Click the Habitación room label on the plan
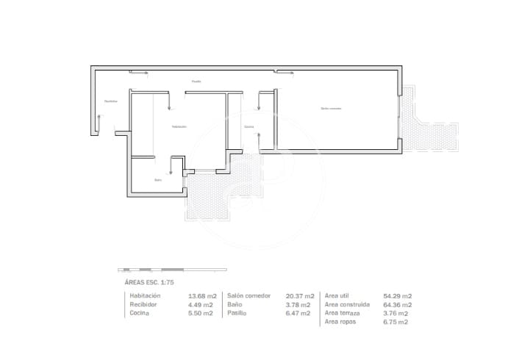pyautogui.click(x=179, y=126)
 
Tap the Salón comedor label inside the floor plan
pyautogui.click(x=331, y=108)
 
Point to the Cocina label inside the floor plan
pyautogui.click(x=249, y=126)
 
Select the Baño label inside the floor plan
pyautogui.click(x=157, y=180)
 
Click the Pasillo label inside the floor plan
pyautogui.click(x=196, y=81)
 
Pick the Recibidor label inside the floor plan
pyautogui.click(x=110, y=101)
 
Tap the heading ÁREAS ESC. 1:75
pyautogui.click(x=149, y=281)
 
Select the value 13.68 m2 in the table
pyautogui.click(x=201, y=295)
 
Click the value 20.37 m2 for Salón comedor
pyautogui.click(x=299, y=295)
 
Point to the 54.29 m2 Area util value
pyautogui.click(x=397, y=295)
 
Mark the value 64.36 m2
pyautogui.click(x=397, y=304)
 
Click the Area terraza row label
pyautogui.click(x=342, y=313)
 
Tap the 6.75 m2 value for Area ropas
pyautogui.click(x=395, y=322)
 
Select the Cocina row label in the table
pyautogui.click(x=140, y=313)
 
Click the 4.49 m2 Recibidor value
pyautogui.click(x=201, y=304)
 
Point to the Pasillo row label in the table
pyautogui.click(x=237, y=313)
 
